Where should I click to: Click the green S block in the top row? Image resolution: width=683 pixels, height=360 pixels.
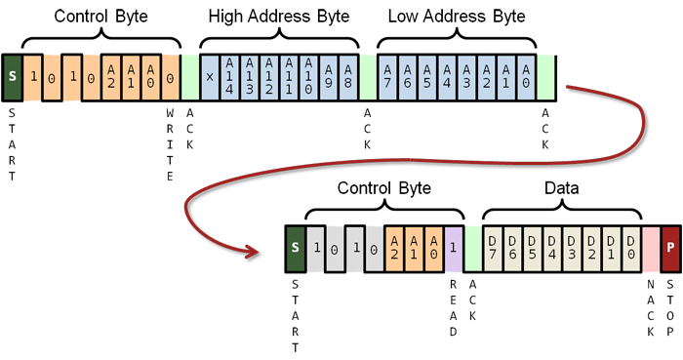[x=13, y=74]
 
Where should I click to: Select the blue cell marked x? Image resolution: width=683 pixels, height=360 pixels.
[x=210, y=75]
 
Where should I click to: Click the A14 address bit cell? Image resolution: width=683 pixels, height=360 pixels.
[x=229, y=75]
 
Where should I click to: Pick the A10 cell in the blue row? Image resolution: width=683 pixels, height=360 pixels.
[x=308, y=75]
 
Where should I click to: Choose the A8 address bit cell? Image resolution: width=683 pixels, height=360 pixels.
[x=347, y=75]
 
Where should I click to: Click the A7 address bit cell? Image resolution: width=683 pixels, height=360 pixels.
[x=387, y=75]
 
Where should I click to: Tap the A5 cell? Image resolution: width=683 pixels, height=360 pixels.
[x=427, y=75]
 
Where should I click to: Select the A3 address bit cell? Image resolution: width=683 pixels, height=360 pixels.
[x=466, y=75]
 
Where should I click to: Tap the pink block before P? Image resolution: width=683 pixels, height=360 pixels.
[x=651, y=247]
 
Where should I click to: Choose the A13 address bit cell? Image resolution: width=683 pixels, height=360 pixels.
[x=249, y=75]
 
